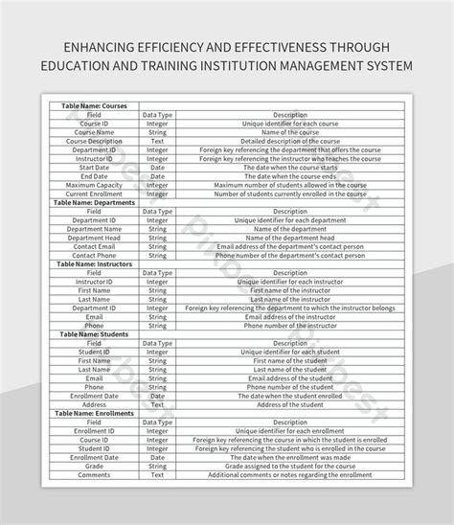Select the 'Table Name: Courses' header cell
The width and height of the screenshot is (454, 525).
[94, 106]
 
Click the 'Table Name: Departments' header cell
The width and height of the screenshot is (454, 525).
[94, 203]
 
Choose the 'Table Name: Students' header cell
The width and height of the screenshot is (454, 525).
[94, 334]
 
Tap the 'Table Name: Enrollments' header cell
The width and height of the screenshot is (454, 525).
[94, 413]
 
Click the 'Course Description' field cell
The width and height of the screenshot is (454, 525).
[94, 141]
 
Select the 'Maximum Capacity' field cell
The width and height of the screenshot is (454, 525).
[94, 185]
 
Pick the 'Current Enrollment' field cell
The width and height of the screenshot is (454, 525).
[94, 194]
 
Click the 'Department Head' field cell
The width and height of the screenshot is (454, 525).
[94, 238]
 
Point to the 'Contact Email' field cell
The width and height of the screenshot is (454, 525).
[94, 246]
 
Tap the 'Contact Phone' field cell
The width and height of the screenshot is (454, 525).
[94, 256]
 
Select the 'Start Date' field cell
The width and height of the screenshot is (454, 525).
[94, 168]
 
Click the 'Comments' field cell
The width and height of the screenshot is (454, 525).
[94, 475]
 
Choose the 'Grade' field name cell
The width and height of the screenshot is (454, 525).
[94, 466]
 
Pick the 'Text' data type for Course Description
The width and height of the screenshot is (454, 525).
[157, 141]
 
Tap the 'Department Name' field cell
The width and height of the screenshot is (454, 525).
[94, 229]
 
